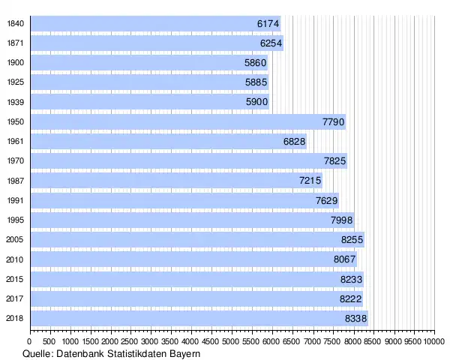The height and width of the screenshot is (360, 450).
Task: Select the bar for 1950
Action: [x=187, y=121]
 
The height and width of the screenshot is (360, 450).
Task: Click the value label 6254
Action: [x=271, y=43]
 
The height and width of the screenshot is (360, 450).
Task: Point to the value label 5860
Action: [x=256, y=63]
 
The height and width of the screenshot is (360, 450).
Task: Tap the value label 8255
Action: [x=352, y=239]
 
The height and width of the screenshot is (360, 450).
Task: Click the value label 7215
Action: [x=310, y=180]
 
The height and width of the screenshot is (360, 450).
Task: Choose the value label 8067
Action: [x=344, y=259]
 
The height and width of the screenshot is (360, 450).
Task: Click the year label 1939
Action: [x=15, y=102]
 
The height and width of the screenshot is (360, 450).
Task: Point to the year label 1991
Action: [x=15, y=200]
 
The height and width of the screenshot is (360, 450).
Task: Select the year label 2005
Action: [x=15, y=239]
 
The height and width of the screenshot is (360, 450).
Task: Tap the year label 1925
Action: [x=15, y=82]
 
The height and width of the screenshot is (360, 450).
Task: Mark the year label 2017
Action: [x=15, y=298]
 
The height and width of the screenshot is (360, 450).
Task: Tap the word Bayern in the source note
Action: [x=185, y=353]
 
